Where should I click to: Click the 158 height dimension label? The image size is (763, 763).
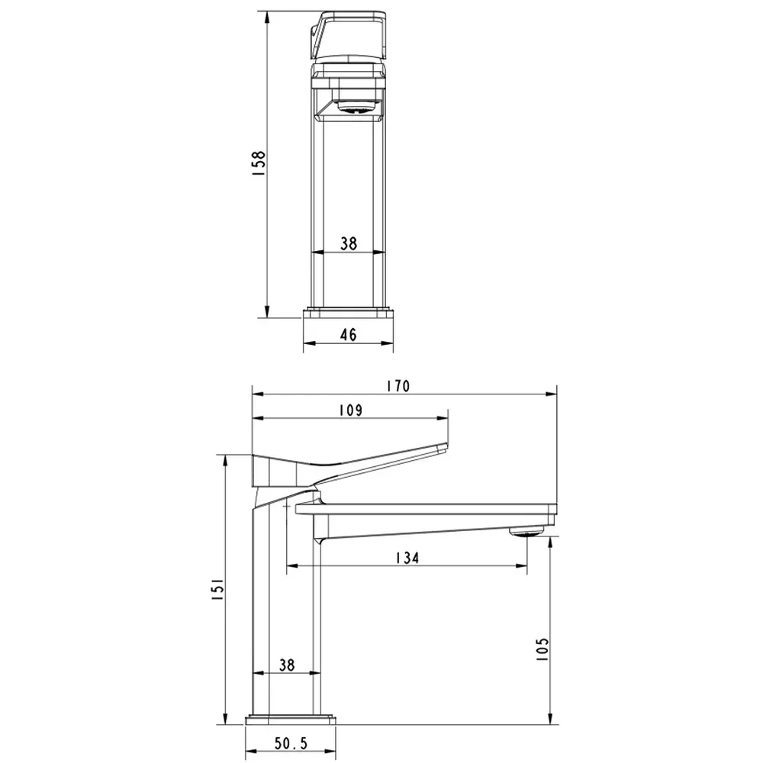[259, 163]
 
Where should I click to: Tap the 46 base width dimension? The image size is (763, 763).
[349, 334]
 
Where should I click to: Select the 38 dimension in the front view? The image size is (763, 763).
[349, 243]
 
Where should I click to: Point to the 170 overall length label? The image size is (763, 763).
[398, 386]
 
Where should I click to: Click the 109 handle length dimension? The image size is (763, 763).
[351, 410]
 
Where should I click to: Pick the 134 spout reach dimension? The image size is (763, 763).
[407, 558]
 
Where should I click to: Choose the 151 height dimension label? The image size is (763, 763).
[217, 589]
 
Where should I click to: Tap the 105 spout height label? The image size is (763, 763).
[542, 649]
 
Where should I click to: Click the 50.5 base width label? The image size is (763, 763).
[291, 743]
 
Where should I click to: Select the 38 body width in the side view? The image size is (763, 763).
[287, 665]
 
